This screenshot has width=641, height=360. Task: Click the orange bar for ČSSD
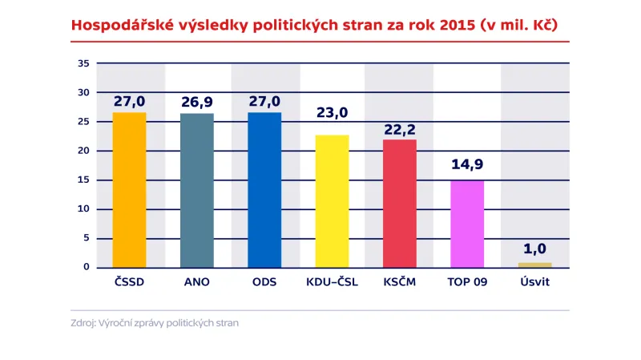click(129, 189)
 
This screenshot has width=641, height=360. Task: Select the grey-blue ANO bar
click(196, 190)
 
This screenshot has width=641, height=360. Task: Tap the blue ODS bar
click(264, 189)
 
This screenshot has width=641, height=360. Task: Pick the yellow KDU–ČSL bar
click(332, 200)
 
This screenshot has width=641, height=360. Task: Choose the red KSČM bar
click(400, 203)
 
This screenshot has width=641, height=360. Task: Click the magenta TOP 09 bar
click(467, 224)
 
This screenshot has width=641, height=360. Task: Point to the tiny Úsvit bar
click(534, 265)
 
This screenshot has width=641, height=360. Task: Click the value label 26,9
click(196, 102)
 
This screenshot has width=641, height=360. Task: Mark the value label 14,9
click(467, 167)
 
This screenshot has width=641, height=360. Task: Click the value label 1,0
click(534, 249)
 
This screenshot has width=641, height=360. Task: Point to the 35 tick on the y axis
click(83, 63)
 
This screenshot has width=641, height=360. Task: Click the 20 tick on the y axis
click(83, 151)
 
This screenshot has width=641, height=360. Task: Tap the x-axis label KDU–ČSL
click(332, 283)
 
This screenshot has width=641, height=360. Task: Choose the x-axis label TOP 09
click(467, 283)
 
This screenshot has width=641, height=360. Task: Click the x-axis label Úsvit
click(534, 283)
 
